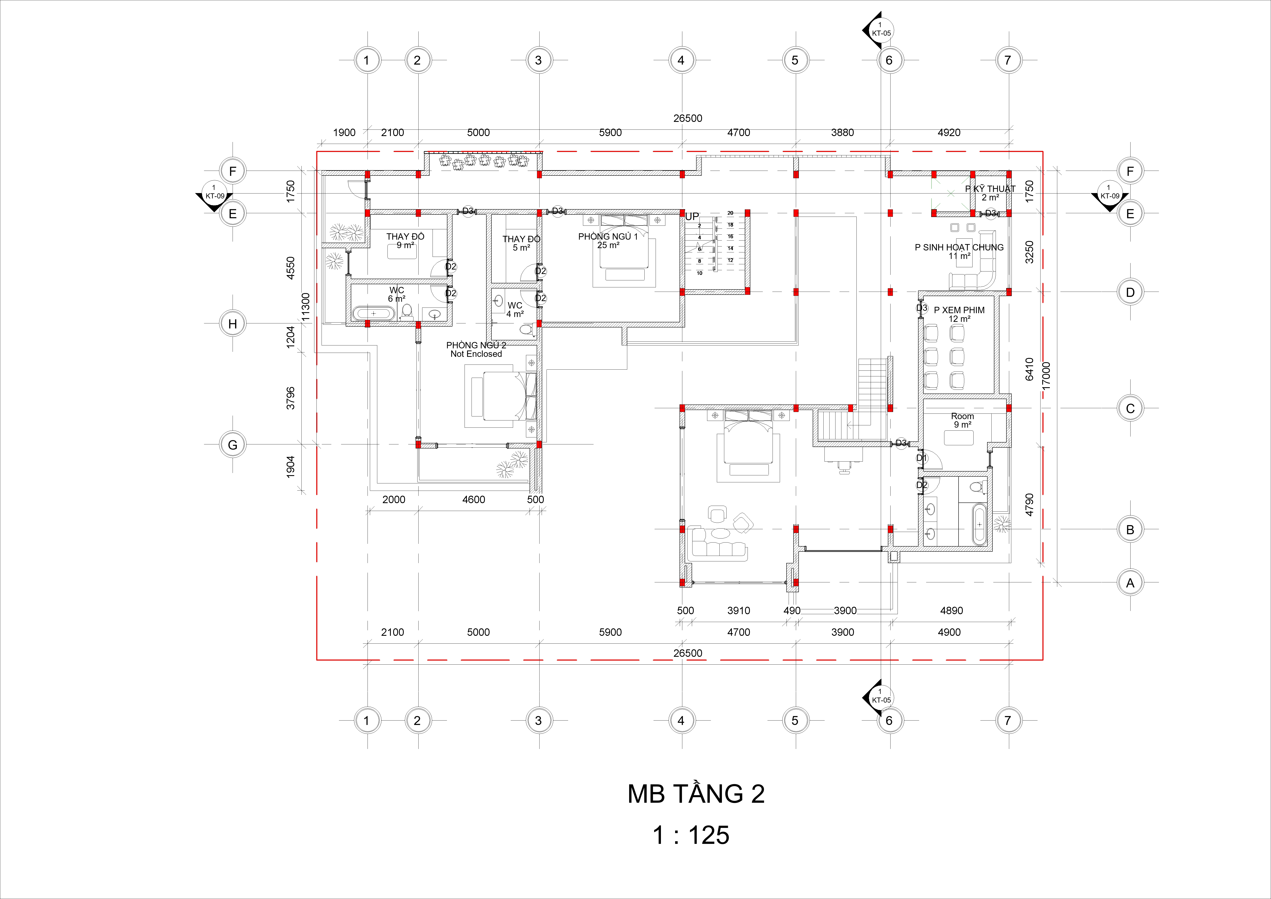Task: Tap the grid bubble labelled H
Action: pyautogui.click(x=233, y=324)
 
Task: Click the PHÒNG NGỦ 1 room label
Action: pyautogui.click(x=608, y=237)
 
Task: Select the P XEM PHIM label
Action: pyautogui.click(x=959, y=310)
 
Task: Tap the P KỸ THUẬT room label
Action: pyautogui.click(x=990, y=189)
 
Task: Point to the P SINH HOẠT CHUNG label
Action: pyautogui.click(x=959, y=248)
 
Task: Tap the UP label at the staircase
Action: pyautogui.click(x=692, y=217)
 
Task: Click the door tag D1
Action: pyautogui.click(x=921, y=458)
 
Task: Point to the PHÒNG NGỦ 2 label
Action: pyautogui.click(x=476, y=345)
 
